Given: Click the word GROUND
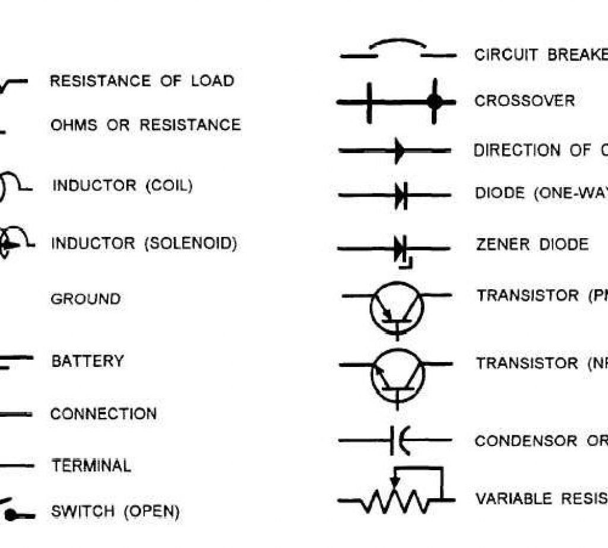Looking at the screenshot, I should (85, 299).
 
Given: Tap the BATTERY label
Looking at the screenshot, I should (87, 361).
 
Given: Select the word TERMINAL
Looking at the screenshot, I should (91, 465).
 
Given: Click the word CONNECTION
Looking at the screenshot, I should (103, 414).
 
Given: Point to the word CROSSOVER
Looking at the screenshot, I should (524, 101).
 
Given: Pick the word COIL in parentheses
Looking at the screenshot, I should (169, 186).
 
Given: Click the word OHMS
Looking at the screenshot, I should (75, 125).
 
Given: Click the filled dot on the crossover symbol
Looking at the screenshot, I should (435, 102).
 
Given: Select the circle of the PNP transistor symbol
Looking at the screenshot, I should (397, 308).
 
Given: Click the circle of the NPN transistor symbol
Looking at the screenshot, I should (397, 376).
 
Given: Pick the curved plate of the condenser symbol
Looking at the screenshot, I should (403, 441).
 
